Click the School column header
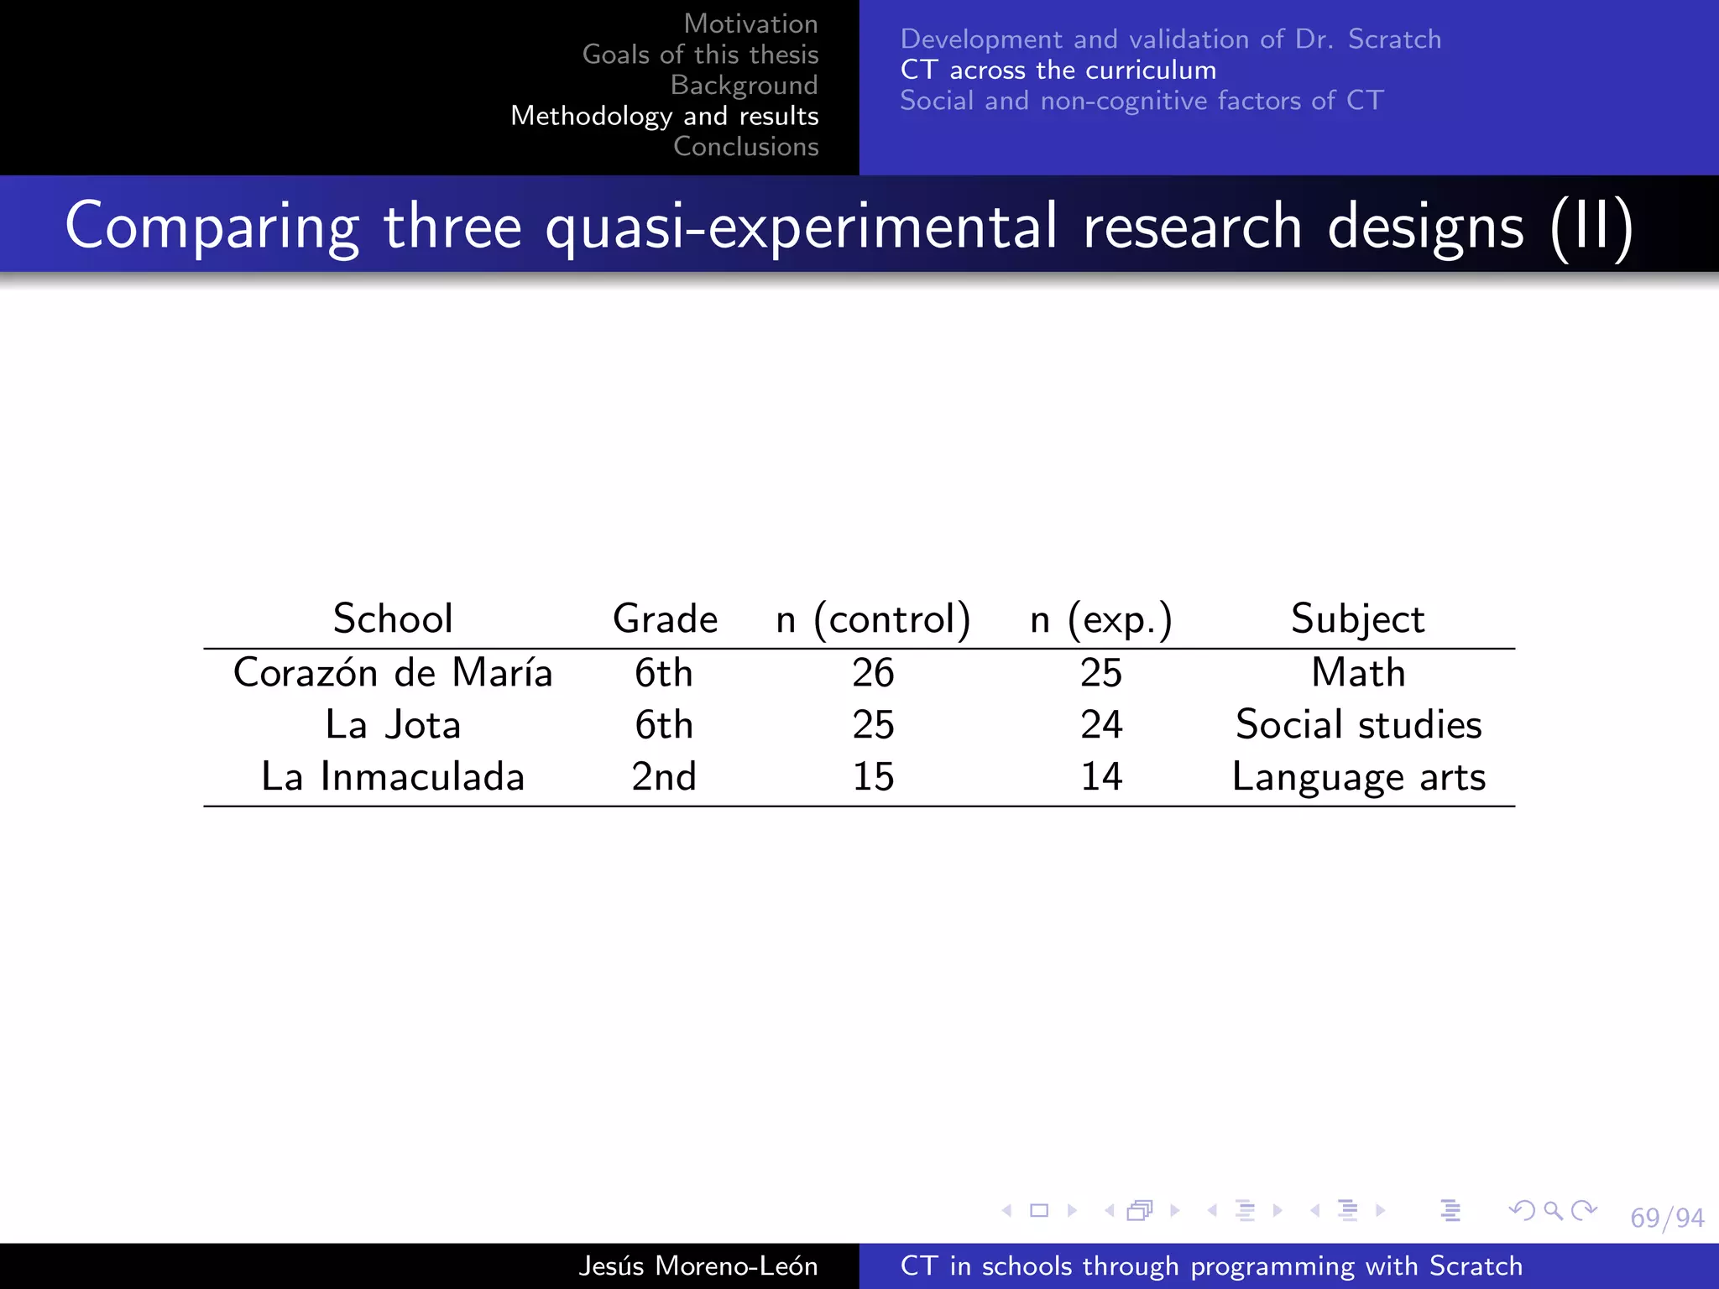pos(393,619)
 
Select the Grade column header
pos(665,619)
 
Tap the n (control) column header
pos(873,619)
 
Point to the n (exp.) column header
pos(1100,619)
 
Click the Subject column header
pos(1357,619)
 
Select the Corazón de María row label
pos(393,673)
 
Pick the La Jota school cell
pos(393,725)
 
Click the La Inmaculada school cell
pos(393,777)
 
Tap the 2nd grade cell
pos(664,777)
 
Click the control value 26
pos(873,673)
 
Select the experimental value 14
pos(1101,777)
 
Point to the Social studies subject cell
pos(1358,725)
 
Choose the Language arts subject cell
pos(1358,777)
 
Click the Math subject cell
pos(1358,673)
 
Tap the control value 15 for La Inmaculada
pos(873,777)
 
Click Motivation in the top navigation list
pos(750,23)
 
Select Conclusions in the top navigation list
pos(745,147)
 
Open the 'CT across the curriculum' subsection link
pos(1058,70)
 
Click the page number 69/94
pos(1667,1218)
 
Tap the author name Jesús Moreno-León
pos(698,1266)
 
